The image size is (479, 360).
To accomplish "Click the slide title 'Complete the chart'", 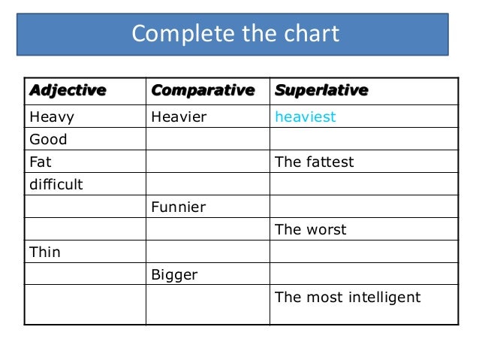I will pyautogui.click(x=235, y=34).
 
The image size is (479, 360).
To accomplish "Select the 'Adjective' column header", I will pyautogui.click(x=67, y=91).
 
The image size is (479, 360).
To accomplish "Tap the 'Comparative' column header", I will pyautogui.click(x=203, y=91).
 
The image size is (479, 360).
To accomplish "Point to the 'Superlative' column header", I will pyautogui.click(x=321, y=91).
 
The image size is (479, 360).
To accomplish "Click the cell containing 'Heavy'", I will pyautogui.click(x=52, y=117).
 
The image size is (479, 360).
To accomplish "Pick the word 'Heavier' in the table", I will pyautogui.click(x=179, y=117).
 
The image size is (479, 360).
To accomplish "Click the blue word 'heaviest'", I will pyautogui.click(x=306, y=117).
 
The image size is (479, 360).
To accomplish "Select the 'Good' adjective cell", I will pyautogui.click(x=48, y=140).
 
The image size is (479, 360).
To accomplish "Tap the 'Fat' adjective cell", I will pyautogui.click(x=41, y=162).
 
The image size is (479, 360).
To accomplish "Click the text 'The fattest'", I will pyautogui.click(x=315, y=162).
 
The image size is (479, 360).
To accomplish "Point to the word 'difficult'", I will pyautogui.click(x=56, y=184).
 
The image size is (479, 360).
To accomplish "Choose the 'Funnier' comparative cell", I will pyautogui.click(x=179, y=207).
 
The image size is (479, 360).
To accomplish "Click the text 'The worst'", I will pyautogui.click(x=311, y=230).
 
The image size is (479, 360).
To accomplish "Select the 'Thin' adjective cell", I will pyautogui.click(x=44, y=253).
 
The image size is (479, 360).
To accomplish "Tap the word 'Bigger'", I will pyautogui.click(x=174, y=275).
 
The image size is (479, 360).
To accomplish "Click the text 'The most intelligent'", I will pyautogui.click(x=348, y=298).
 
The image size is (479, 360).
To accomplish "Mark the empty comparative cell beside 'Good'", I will pyautogui.click(x=207, y=140).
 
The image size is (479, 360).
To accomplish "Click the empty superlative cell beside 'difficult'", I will pyautogui.click(x=363, y=184).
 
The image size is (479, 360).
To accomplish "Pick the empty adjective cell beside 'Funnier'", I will pyautogui.click(x=85, y=207).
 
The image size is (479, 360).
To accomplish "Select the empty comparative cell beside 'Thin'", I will pyautogui.click(x=207, y=253).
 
